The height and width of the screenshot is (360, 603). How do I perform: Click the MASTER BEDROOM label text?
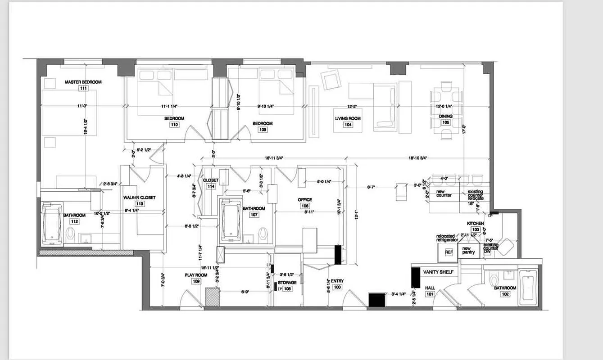[x=83, y=82]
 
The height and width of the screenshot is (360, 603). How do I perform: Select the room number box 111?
[x=83, y=89]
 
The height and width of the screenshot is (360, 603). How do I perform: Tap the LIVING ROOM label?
[x=348, y=118]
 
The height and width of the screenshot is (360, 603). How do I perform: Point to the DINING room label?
[x=445, y=116]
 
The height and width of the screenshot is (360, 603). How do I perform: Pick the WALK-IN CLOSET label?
[x=140, y=198]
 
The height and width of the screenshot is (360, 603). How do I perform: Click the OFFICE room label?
[x=304, y=200]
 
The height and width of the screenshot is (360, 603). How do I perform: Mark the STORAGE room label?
[x=287, y=283]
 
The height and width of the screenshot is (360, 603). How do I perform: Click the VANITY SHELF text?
[x=438, y=272]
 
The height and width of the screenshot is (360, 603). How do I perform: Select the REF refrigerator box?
[x=449, y=252]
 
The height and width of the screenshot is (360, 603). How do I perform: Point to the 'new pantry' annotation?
[x=467, y=251]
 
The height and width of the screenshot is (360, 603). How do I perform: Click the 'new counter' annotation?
[x=444, y=193]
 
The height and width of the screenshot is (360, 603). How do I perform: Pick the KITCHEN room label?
[x=475, y=223]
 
